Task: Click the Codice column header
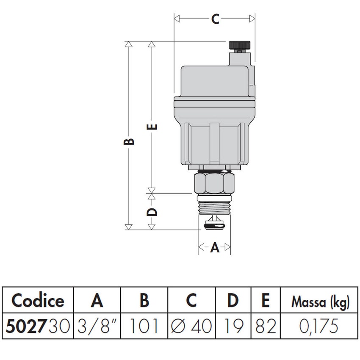click(38, 301)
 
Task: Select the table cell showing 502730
click(38, 326)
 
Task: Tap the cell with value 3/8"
click(97, 326)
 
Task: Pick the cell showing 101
click(144, 326)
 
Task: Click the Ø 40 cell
click(191, 326)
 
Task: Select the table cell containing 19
click(233, 326)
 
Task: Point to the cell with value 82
click(265, 326)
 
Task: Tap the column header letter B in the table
click(144, 301)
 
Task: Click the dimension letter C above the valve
click(215, 19)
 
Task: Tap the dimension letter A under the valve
click(215, 248)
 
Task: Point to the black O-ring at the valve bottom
click(214, 227)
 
